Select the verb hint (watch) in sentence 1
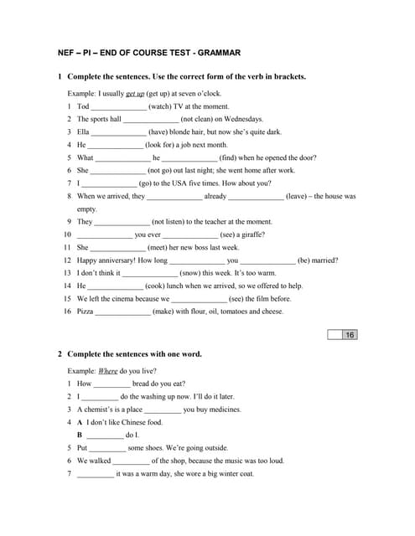(166, 106)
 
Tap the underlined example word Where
(107, 370)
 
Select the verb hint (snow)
(195, 273)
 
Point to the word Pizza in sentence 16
(85, 312)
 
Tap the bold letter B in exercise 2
(80, 435)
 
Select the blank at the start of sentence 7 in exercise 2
(95, 474)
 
